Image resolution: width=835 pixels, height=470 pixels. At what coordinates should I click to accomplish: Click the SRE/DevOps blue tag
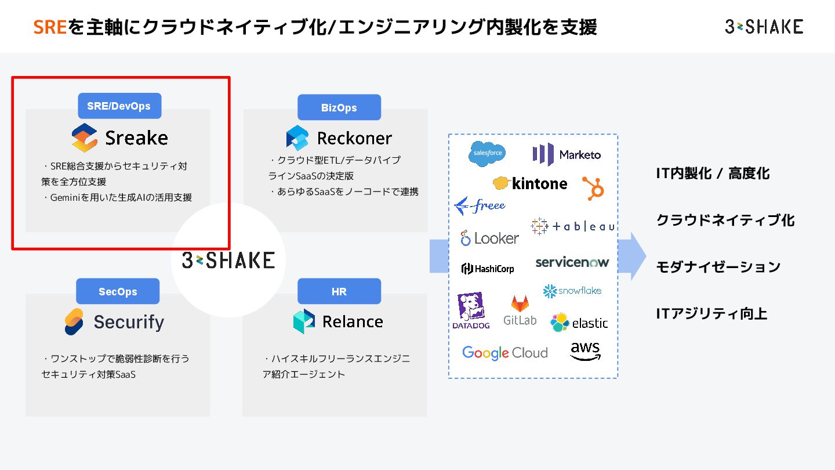(x=119, y=106)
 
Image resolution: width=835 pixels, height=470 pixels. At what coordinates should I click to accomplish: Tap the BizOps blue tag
(x=339, y=108)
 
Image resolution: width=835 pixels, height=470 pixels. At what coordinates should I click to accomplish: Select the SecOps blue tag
(x=118, y=292)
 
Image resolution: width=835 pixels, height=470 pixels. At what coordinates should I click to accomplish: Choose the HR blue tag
(x=339, y=292)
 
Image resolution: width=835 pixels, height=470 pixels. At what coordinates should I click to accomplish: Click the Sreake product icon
(x=85, y=138)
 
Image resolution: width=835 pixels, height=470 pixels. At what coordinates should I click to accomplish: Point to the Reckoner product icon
(x=297, y=138)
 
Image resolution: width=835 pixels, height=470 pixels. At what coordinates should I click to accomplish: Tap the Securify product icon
(x=74, y=322)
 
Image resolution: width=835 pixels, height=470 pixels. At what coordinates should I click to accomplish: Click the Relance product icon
(x=304, y=321)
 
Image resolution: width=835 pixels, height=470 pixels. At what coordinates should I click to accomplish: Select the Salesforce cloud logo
(x=487, y=153)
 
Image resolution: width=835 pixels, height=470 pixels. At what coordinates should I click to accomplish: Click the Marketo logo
(x=567, y=155)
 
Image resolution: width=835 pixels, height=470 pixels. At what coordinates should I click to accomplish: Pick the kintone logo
(x=530, y=183)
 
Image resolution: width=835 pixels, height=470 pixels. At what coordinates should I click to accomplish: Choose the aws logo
(x=585, y=351)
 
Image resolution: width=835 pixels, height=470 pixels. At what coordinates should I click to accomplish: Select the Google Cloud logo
(x=504, y=353)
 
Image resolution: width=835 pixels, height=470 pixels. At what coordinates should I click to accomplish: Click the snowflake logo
(x=572, y=291)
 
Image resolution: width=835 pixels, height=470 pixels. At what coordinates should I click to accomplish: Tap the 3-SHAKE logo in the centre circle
(x=228, y=260)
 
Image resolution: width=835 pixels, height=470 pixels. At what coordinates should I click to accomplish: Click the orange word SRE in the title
(x=50, y=27)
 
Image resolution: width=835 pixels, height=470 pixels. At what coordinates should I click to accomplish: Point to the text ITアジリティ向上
(x=711, y=314)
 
